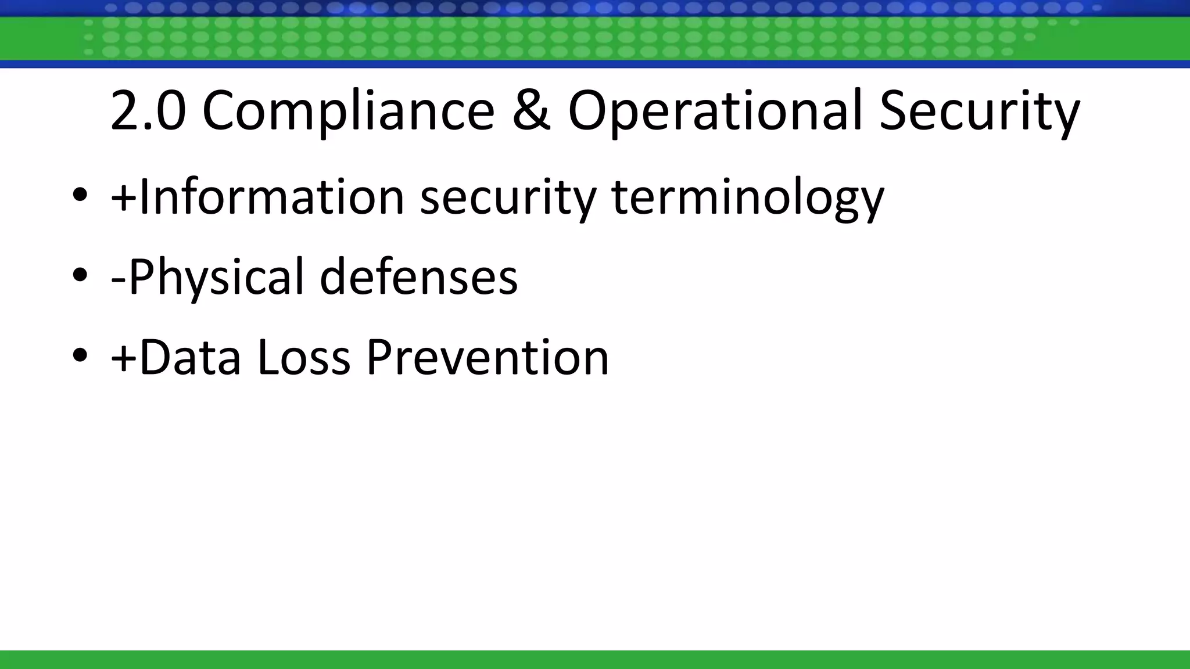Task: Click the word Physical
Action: [216, 277]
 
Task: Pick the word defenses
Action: [418, 277]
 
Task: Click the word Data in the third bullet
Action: [190, 357]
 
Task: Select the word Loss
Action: [303, 357]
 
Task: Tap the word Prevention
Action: [488, 357]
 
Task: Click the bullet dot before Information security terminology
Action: [80, 196]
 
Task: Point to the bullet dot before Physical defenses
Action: [80, 276]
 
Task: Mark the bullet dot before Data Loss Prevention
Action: [80, 355]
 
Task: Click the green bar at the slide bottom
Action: [595, 660]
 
